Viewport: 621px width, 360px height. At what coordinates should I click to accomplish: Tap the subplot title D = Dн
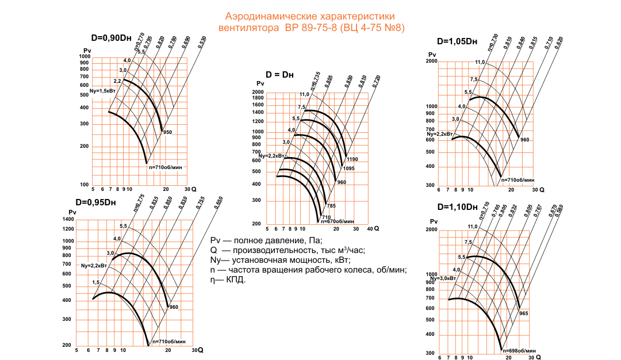click(280, 75)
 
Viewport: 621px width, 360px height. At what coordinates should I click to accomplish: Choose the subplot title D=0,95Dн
click(95, 202)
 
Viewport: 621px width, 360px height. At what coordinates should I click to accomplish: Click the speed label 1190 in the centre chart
click(352, 158)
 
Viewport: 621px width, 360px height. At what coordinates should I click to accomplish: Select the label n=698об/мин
click(520, 350)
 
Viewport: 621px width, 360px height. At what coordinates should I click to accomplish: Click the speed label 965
click(524, 313)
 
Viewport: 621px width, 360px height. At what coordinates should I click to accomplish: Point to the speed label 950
click(167, 132)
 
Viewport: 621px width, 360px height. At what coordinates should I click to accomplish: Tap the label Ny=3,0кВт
click(441, 278)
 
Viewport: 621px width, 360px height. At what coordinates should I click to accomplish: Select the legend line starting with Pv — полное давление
click(266, 240)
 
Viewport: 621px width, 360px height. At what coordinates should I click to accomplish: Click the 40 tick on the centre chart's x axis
click(369, 229)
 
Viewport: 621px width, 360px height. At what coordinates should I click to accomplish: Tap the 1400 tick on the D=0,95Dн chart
click(68, 220)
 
